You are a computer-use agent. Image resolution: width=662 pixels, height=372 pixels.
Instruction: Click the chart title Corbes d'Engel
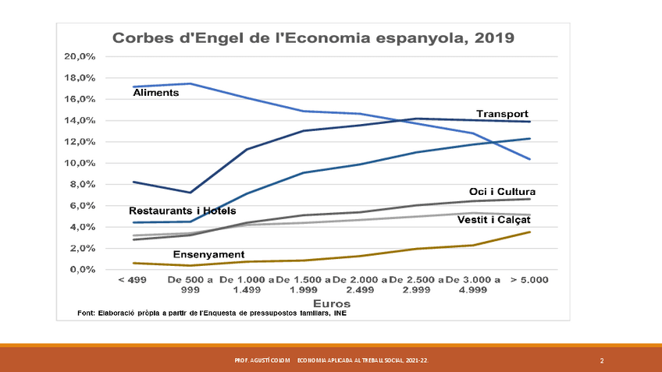click(315, 37)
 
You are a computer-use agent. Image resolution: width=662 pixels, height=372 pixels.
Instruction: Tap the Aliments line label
click(156, 93)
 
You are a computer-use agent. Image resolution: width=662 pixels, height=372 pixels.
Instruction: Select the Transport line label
click(502, 114)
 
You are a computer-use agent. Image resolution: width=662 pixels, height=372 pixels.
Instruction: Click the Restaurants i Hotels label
click(182, 211)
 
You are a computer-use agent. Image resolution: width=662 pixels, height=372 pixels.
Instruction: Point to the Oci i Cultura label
click(502, 192)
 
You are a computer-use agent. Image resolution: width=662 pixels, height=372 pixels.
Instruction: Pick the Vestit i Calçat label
click(496, 220)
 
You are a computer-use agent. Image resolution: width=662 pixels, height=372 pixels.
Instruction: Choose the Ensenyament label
click(208, 254)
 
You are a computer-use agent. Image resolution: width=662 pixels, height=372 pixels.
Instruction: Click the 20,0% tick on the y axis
click(80, 57)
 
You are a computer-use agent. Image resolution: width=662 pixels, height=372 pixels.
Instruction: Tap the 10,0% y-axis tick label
click(80, 163)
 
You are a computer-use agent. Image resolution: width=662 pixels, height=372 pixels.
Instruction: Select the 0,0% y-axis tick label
click(82, 270)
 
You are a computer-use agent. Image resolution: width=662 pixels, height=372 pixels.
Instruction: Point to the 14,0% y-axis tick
click(80, 121)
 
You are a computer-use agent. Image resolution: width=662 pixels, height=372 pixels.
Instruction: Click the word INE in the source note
click(340, 314)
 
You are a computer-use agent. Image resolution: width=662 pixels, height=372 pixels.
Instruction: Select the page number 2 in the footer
click(602, 361)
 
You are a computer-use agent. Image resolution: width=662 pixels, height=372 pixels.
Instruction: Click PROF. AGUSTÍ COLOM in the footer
click(262, 361)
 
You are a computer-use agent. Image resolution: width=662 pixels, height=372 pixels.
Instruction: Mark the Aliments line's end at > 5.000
click(530, 159)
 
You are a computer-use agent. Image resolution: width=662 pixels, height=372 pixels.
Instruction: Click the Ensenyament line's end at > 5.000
click(530, 232)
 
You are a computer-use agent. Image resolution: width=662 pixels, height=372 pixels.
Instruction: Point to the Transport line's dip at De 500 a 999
click(190, 193)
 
